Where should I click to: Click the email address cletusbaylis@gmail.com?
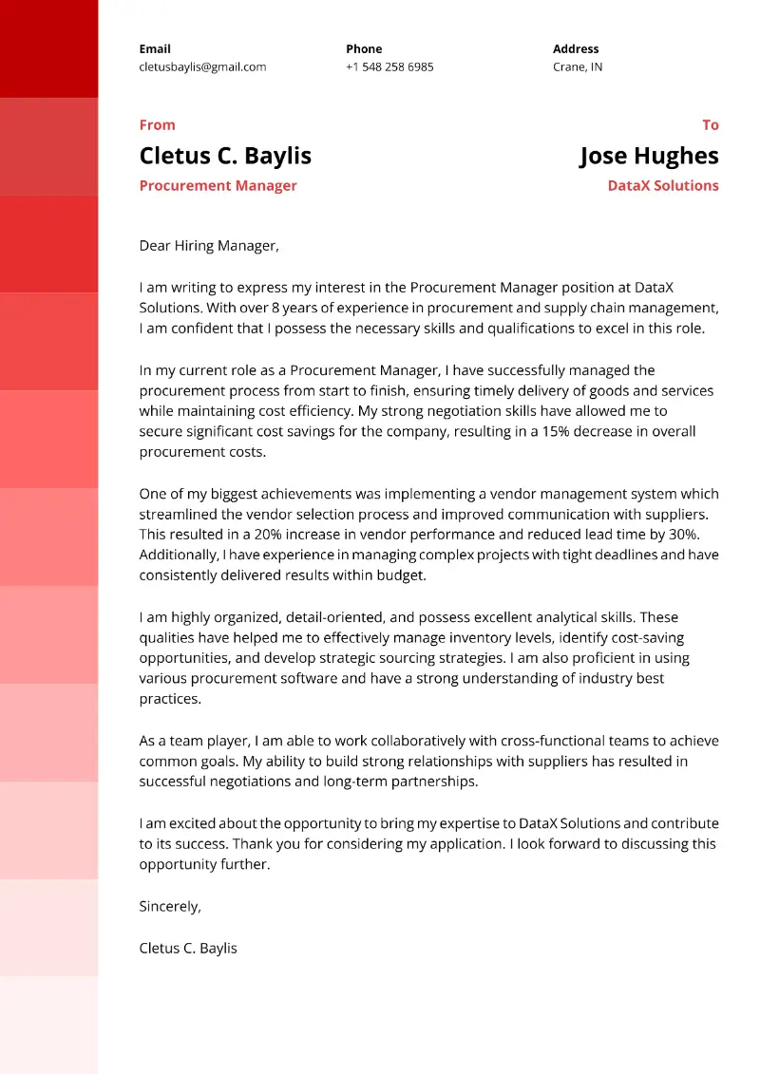coord(202,67)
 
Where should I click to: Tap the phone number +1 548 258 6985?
coord(389,67)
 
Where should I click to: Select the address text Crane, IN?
coord(578,67)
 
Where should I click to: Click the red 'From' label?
coord(157,125)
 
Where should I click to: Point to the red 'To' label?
coord(710,125)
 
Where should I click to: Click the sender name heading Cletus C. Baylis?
coord(225,156)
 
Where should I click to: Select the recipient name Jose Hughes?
coord(649,156)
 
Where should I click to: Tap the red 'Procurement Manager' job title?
coord(218,186)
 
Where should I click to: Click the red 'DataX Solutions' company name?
coord(663,186)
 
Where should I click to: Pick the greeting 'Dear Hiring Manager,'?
coord(209,246)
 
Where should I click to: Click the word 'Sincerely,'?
coord(170,907)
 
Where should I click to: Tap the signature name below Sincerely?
coord(188,948)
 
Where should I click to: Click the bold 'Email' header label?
coord(155,49)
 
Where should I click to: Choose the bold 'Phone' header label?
coord(364,49)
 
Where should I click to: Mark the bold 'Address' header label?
coord(576,49)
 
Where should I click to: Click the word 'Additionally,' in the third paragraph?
coord(179,555)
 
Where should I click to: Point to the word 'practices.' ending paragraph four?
coord(170,699)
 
